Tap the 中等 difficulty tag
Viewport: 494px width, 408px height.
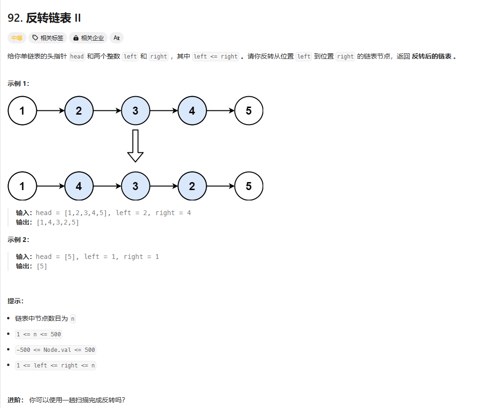coord(17,38)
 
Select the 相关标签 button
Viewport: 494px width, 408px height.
coord(48,38)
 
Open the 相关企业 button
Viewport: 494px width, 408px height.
coord(88,38)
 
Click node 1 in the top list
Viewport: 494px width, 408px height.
coord(22,111)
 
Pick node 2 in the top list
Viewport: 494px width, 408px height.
coord(79,111)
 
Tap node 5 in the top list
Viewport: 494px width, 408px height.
coord(249,111)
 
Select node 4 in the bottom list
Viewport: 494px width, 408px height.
coord(79,186)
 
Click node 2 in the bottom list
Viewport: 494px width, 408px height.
coord(192,186)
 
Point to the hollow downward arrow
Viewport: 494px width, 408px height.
coord(135,146)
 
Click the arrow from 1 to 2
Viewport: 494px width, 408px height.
coord(50,111)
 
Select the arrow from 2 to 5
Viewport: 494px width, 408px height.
coord(220,186)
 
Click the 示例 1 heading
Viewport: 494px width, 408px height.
coord(18,83)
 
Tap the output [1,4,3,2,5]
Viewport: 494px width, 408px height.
coord(58,222)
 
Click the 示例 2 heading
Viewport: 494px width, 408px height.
coord(18,240)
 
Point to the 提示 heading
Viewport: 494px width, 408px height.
coord(16,301)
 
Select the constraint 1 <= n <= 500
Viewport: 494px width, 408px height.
coord(39,334)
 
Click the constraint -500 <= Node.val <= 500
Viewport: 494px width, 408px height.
coord(56,350)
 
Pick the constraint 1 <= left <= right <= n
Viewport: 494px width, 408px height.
coord(56,366)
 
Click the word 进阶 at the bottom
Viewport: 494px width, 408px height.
coord(15,400)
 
